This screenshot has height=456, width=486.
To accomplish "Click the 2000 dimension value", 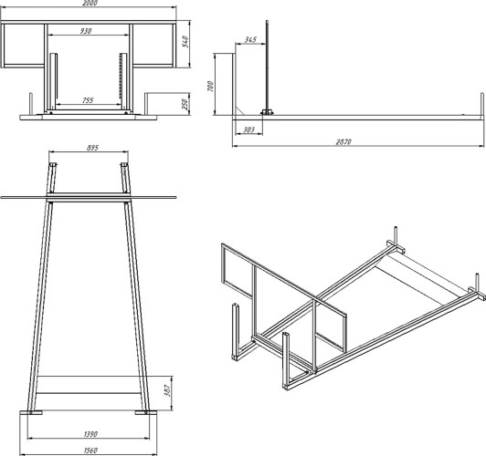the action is coord(90,3).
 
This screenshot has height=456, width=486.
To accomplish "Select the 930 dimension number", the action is coord(86,31).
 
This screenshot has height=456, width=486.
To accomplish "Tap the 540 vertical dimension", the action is coord(185,41).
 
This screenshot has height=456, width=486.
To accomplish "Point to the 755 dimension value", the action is coord(88,100).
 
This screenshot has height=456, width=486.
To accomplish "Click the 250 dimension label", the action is coord(185,104).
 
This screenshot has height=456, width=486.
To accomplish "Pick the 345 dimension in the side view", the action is coord(250,39).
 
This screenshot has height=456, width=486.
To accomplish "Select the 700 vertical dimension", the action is coord(210,87).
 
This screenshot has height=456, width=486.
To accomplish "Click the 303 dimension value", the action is coord(248,130).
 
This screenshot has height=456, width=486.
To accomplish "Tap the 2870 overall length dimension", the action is coord(343,141).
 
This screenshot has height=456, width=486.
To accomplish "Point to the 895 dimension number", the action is coord(92,148).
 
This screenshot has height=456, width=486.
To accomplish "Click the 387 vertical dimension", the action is coord(167,390).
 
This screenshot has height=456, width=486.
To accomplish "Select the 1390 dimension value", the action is coord(90,434).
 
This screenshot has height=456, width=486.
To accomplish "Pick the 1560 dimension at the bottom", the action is coord(90,451).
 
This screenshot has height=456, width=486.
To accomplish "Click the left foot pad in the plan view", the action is coord(31,412).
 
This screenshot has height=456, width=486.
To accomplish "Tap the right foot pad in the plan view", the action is coord(146,412).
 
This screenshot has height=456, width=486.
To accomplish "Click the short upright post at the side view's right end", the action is coord(482,104).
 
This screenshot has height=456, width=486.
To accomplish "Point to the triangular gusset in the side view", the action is coord(239,110).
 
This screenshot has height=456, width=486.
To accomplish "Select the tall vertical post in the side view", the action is coord(267,67).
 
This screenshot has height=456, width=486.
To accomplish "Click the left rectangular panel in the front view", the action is coord(24,46).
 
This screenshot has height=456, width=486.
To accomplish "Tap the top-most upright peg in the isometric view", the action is coord(396,235).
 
